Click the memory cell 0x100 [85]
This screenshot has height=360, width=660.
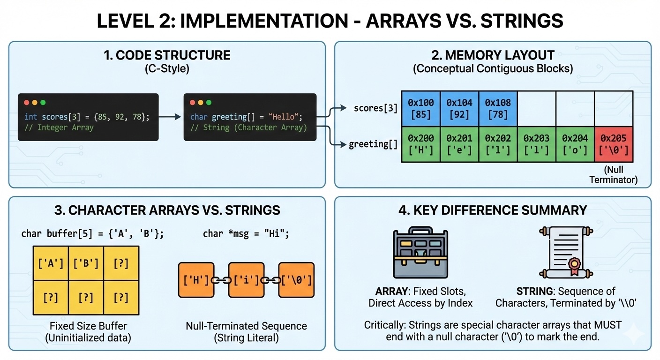(x=420, y=109)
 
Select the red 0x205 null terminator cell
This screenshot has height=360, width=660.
(x=614, y=144)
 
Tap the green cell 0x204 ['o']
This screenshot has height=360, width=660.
(x=575, y=144)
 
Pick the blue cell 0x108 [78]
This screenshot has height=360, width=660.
(x=497, y=109)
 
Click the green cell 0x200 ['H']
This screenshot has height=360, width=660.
(x=420, y=144)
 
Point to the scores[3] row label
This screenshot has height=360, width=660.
(x=375, y=108)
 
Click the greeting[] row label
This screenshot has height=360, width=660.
(x=373, y=144)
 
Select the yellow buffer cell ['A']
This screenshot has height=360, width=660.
(x=51, y=263)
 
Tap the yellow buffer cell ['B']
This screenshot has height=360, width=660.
(x=86, y=263)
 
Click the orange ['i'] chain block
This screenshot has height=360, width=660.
(x=246, y=280)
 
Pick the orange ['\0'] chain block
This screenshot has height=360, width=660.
(x=296, y=280)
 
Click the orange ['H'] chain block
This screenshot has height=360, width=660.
(x=196, y=280)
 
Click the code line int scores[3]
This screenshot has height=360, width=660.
(x=87, y=117)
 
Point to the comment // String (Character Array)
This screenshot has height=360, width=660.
(x=248, y=127)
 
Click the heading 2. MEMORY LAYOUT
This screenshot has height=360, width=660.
(x=493, y=55)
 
